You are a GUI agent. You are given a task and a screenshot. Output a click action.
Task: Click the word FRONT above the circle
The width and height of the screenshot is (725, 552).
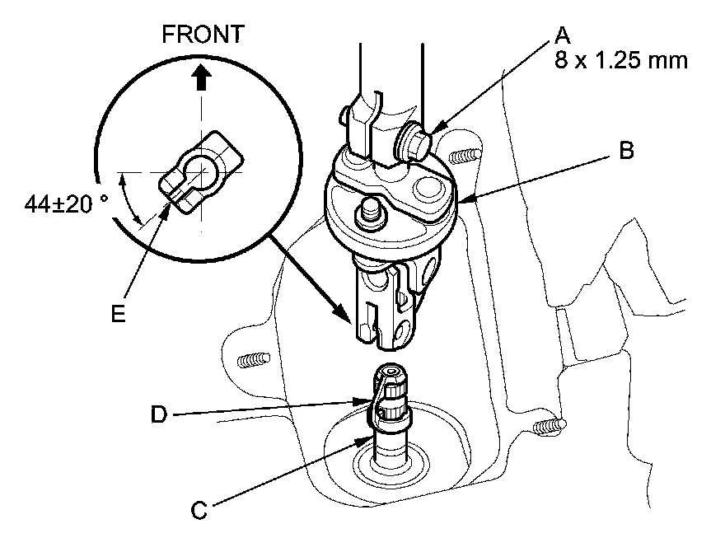[x=203, y=34]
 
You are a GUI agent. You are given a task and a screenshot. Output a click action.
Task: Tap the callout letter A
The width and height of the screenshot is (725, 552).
[x=563, y=35]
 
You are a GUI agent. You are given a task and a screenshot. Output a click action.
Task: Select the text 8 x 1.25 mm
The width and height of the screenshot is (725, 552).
[x=622, y=61]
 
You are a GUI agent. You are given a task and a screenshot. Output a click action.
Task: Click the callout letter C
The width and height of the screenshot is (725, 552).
[x=198, y=511]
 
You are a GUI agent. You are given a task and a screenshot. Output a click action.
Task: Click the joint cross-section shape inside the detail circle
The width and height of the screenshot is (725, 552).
[x=200, y=172]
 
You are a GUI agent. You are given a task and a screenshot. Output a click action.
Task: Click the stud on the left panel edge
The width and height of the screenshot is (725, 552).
[x=252, y=360]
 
